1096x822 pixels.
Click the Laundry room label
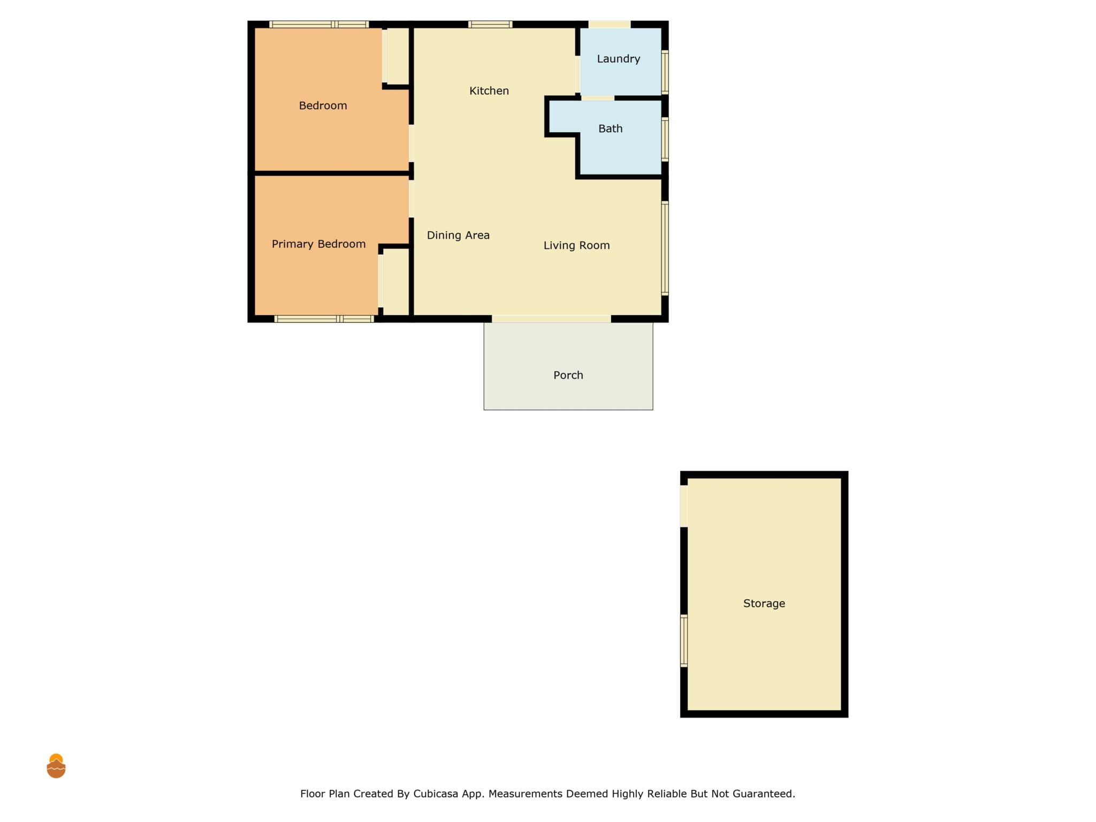click(x=618, y=59)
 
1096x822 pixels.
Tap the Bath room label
click(x=610, y=128)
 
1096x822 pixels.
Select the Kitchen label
click(x=489, y=91)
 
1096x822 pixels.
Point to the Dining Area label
click(x=458, y=235)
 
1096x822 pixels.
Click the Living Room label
click(x=576, y=245)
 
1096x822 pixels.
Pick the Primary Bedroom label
click(x=318, y=244)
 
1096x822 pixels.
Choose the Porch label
click(x=568, y=375)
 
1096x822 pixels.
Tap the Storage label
click(x=764, y=604)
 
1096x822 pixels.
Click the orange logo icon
click(x=56, y=766)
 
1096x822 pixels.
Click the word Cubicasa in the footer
click(x=436, y=794)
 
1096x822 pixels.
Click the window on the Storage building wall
click(x=683, y=641)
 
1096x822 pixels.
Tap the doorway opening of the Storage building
click(x=683, y=506)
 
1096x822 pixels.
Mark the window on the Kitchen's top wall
click(x=490, y=24)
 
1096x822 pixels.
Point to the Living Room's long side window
click(x=665, y=248)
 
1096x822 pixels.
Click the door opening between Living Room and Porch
click(x=551, y=319)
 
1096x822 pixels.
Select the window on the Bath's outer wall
click(x=665, y=139)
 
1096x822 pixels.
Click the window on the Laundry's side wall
click(x=665, y=72)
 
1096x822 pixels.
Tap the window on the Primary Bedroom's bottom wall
click(x=324, y=319)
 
